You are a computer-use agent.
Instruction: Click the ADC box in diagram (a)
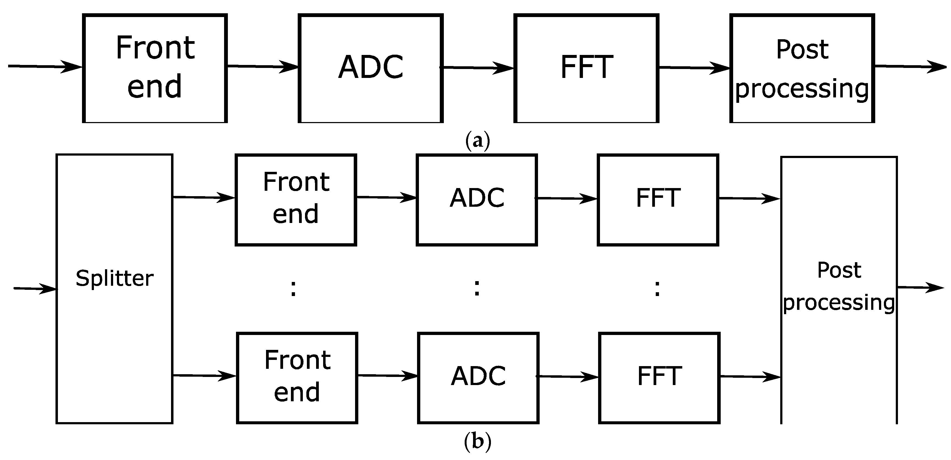[371, 68]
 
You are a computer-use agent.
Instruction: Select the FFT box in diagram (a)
[586, 68]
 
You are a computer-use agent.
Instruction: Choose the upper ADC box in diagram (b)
[477, 199]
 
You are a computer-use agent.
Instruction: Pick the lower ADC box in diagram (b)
[478, 378]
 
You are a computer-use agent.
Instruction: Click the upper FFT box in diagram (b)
[658, 199]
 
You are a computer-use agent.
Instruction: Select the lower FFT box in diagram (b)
[659, 378]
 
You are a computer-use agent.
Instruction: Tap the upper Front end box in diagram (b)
[296, 199]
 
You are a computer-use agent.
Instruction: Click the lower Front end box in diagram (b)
[297, 378]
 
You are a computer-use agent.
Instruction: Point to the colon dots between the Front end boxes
[293, 288]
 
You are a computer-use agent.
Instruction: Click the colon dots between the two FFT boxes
[657, 288]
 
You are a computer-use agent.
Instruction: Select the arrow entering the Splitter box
[35, 289]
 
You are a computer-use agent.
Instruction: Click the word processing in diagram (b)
[839, 303]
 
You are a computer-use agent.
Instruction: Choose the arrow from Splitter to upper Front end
[204, 198]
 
